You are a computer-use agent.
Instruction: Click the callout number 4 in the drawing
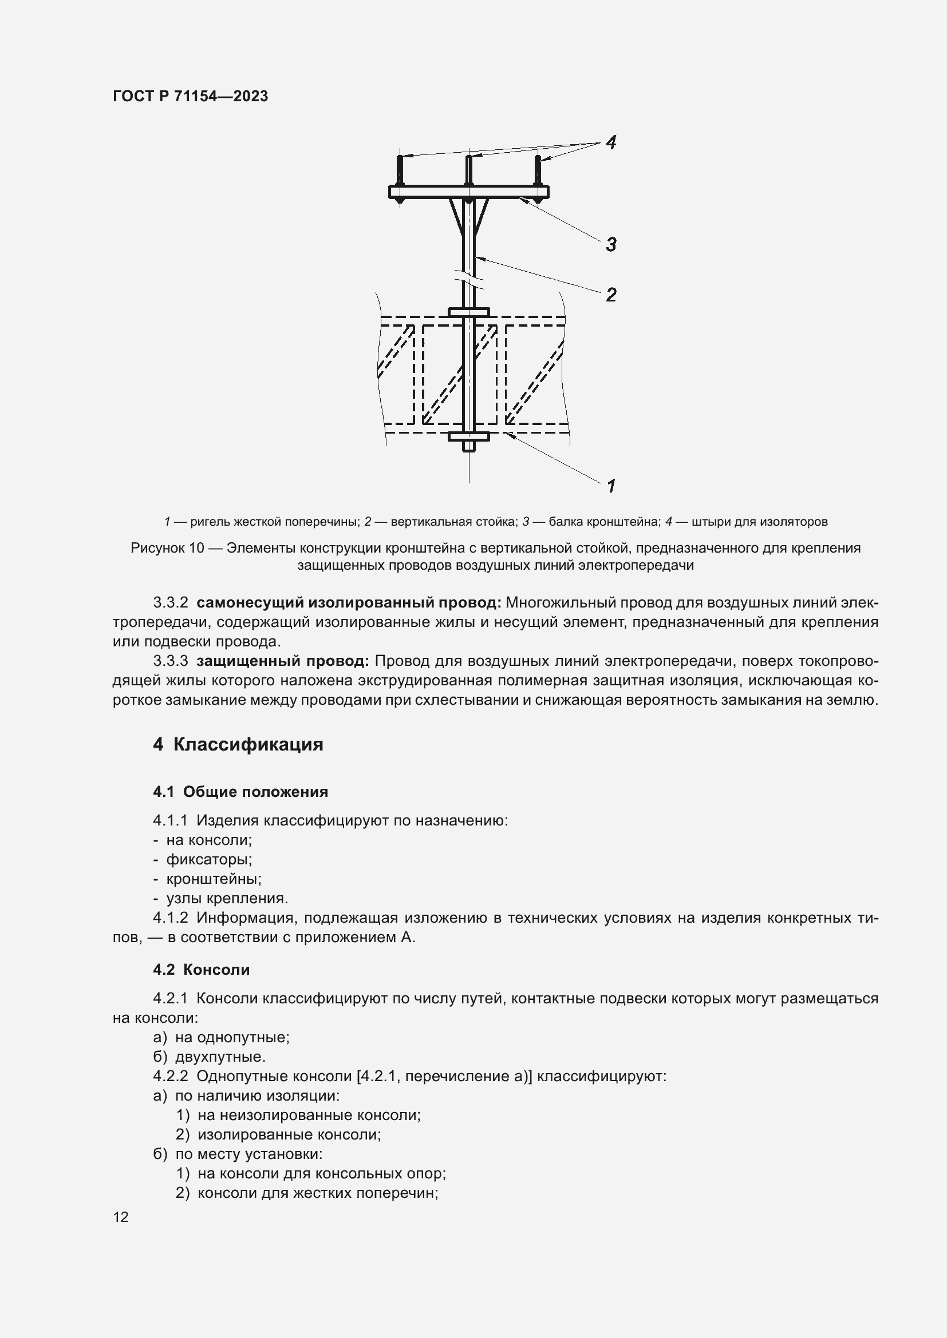coord(610,142)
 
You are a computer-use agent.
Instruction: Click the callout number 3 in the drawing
coord(610,244)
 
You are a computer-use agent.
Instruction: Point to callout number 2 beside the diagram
coord(610,295)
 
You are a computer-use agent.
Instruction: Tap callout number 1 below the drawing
coord(611,486)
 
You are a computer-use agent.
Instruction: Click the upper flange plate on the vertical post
coord(468,312)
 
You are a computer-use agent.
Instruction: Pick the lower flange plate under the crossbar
coord(468,436)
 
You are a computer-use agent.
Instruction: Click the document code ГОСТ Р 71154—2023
coord(190,97)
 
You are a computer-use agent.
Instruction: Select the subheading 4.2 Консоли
coord(201,970)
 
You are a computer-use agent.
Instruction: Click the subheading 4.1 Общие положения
coord(240,791)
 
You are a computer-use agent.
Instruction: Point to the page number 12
coord(121,1217)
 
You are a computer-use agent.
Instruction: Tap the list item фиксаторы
coord(209,860)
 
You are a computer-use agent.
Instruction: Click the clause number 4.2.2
coord(170,1077)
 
